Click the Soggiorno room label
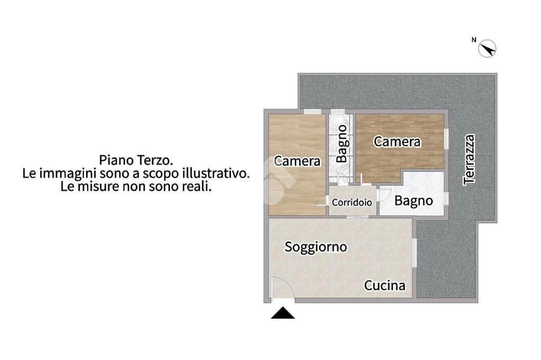pyautogui.click(x=316, y=247)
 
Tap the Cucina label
pyautogui.click(x=385, y=286)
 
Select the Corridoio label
pyautogui.click(x=352, y=202)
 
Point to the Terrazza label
pyautogui.click(x=469, y=159)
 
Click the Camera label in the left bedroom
pyautogui.click(x=297, y=161)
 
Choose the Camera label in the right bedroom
pyautogui.click(x=397, y=141)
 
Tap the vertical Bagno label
pyautogui.click(x=342, y=144)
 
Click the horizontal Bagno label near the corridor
pyautogui.click(x=413, y=201)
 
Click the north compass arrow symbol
pyautogui.click(x=487, y=48)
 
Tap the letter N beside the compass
pyautogui.click(x=474, y=40)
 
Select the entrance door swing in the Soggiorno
pyautogui.click(x=282, y=288)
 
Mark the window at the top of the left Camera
pyautogui.click(x=313, y=111)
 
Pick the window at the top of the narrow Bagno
pyautogui.click(x=338, y=111)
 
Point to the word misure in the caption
pyautogui.click(x=100, y=186)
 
